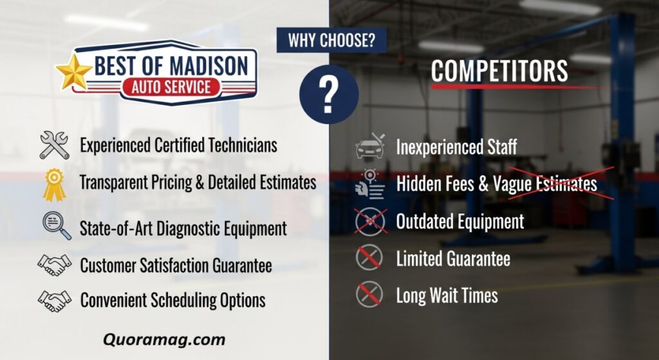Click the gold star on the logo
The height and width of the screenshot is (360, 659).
click(73, 72)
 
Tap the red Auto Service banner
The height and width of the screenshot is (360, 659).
click(171, 87)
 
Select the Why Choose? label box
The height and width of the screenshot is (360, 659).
click(331, 41)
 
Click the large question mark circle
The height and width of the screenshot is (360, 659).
click(329, 94)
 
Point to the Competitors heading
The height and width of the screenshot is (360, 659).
click(499, 71)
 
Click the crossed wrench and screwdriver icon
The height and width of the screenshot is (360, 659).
click(54, 145)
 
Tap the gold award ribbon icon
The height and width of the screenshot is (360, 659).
click(54, 184)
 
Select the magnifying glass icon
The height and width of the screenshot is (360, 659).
click(57, 225)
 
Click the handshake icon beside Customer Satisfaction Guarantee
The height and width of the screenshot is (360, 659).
click(54, 265)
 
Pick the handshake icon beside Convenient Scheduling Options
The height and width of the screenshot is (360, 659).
click(54, 301)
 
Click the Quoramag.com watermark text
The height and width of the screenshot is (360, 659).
click(164, 339)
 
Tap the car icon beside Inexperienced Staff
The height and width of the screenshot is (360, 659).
click(370, 146)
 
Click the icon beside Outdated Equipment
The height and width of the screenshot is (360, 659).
click(370, 222)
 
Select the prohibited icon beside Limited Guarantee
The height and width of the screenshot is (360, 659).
click(369, 258)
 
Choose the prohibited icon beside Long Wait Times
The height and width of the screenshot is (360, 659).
click(369, 294)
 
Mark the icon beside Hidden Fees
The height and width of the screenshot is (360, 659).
click(369, 184)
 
